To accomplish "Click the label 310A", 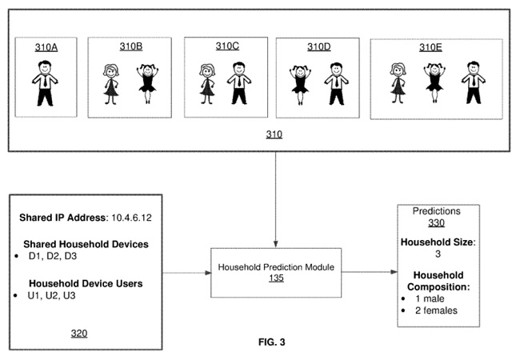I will pos(46,48).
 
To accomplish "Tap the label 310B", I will pos(131,47).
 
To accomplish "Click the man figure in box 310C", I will pos(238,83).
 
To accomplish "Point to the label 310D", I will pos(318,47).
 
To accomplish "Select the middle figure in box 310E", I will pos(434,83).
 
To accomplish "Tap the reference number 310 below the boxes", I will pos(275,135).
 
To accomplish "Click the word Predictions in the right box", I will pos(436,211).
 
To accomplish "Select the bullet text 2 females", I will pos(436,310).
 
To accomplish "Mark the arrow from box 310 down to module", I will pos(275,200).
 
